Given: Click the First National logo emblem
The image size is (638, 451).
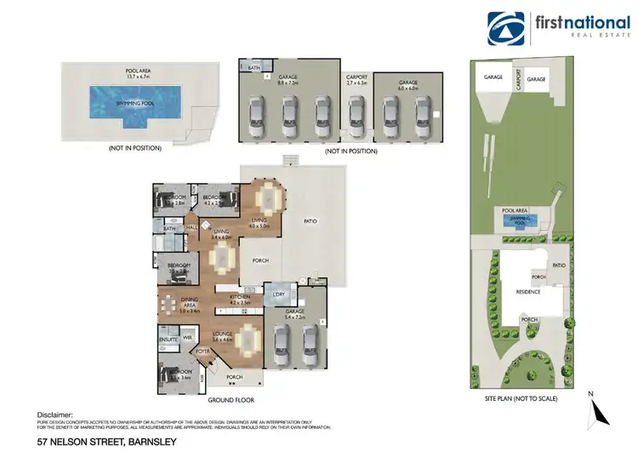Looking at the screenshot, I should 506,29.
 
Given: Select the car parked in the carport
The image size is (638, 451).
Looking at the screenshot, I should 356,113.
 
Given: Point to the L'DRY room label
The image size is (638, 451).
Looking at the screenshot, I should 277,294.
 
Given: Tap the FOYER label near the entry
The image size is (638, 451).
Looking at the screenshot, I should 204,350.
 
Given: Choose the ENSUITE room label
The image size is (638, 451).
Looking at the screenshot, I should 168,340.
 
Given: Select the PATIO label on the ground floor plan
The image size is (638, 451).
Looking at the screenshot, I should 310,221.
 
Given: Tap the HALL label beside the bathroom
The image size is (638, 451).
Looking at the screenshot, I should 192,227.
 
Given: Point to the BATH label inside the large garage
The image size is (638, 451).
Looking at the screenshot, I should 253,66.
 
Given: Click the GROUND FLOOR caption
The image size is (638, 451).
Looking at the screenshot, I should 231,400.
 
